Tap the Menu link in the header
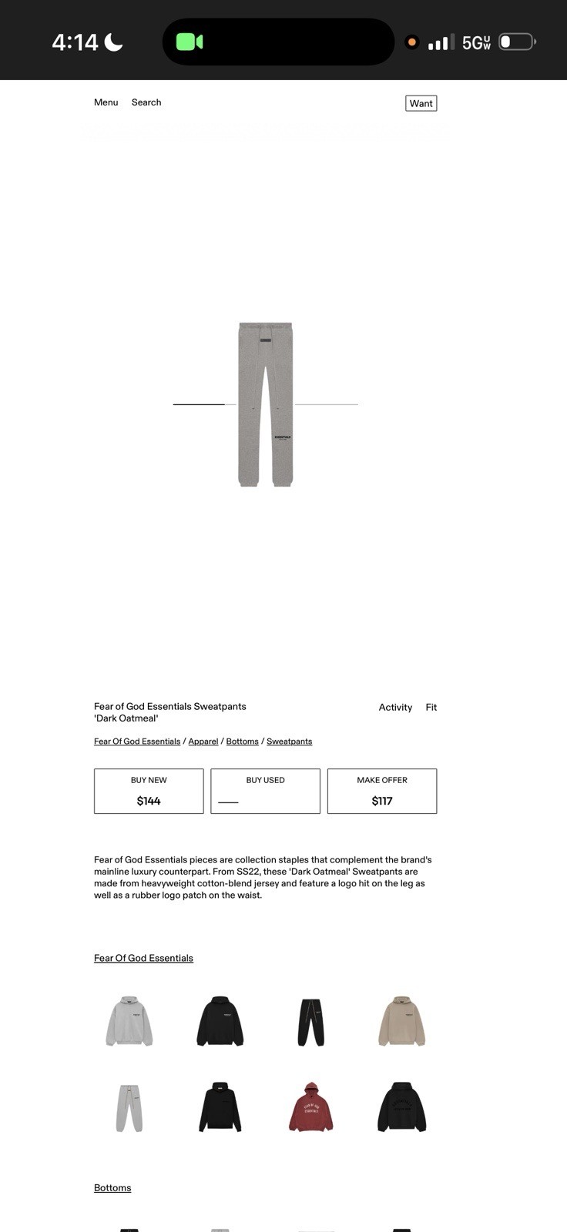(x=106, y=102)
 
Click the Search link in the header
(x=146, y=102)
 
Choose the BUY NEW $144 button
(x=149, y=791)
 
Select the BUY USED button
(x=265, y=791)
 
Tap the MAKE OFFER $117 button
(x=382, y=791)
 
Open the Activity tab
(x=395, y=707)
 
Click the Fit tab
(x=431, y=707)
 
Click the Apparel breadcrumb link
(x=203, y=742)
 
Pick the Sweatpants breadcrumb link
(x=289, y=742)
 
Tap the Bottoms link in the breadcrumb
(x=242, y=742)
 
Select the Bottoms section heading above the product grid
(x=112, y=1187)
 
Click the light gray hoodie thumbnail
(x=129, y=1021)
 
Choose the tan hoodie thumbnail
(x=401, y=1021)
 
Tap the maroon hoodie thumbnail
(x=310, y=1107)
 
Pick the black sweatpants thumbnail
(x=311, y=1021)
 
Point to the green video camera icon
(x=189, y=42)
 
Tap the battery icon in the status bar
(x=517, y=42)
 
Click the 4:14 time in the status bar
(x=75, y=42)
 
